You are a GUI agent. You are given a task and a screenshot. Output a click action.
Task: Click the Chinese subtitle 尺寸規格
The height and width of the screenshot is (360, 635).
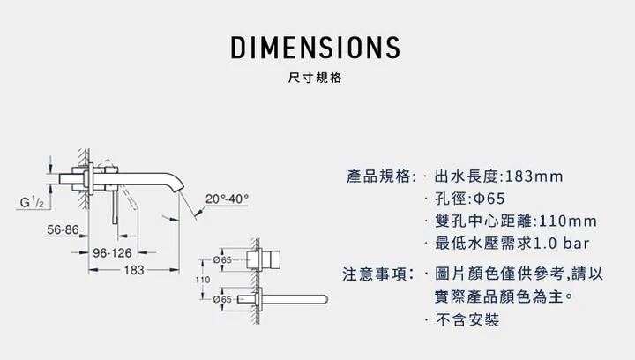tap(317, 78)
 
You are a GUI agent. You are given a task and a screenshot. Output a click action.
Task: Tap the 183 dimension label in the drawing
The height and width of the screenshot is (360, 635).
tap(134, 270)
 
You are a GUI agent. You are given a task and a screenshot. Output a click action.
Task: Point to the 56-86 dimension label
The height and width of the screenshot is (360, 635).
tap(62, 229)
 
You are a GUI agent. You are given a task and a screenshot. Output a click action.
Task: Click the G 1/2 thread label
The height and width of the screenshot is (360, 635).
tap(32, 204)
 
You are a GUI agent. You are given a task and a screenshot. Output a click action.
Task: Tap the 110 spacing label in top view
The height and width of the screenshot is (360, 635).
tap(202, 280)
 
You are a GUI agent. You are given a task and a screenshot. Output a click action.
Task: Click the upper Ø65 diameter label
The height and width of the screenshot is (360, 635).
tap(222, 260)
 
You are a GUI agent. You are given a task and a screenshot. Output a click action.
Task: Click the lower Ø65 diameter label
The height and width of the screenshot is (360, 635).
tap(222, 300)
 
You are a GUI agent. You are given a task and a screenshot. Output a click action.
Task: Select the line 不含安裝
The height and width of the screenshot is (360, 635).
tap(468, 319)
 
